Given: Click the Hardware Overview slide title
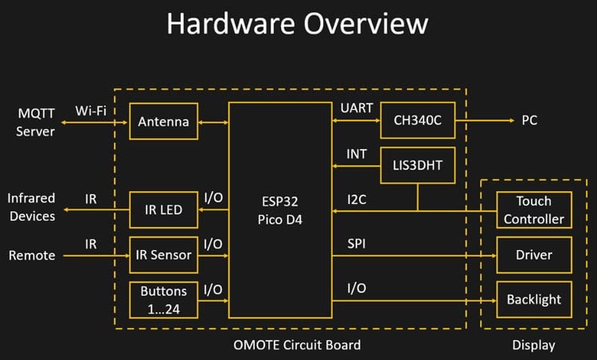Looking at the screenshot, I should tap(298, 24).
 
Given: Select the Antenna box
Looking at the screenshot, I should tap(163, 122).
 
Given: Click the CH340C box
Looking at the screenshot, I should tap(417, 121).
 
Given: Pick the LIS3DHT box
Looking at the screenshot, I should tap(417, 166).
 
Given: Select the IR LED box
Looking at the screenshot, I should tap(163, 210).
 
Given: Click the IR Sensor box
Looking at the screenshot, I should tap(163, 255).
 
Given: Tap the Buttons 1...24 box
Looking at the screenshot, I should tap(163, 299).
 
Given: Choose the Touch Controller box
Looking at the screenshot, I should tap(533, 210).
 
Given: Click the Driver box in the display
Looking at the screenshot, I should tap(533, 255).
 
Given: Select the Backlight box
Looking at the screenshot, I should tap(533, 299).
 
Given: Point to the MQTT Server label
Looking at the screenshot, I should tap(36, 122).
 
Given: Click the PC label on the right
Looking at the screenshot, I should tap(529, 121).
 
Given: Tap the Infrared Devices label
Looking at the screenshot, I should tap(32, 207).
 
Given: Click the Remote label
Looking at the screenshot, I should tap(32, 256).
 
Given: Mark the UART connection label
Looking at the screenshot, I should tap(356, 108).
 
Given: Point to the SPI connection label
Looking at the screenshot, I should tap(355, 242).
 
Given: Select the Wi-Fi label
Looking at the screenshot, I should tap(92, 109).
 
